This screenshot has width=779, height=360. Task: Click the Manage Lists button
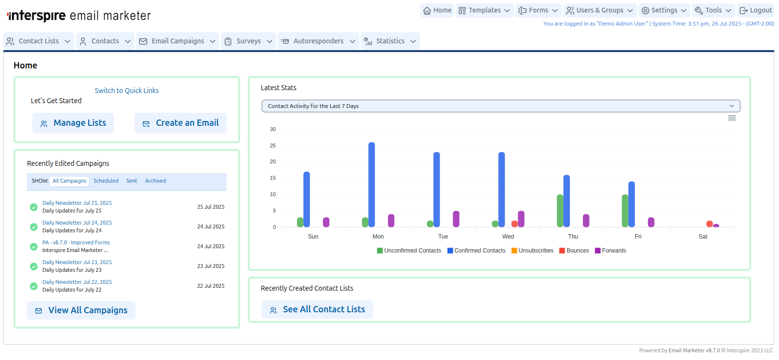click(73, 123)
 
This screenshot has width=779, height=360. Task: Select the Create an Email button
click(180, 123)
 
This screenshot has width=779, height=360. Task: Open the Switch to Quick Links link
click(126, 91)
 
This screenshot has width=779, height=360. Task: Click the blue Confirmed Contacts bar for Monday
click(372, 185)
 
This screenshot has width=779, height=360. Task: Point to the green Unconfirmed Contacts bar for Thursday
click(560, 211)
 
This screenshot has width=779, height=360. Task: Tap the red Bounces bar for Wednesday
click(514, 224)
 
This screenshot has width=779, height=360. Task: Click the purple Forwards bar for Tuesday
click(456, 219)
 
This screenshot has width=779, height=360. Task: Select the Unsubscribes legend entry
click(532, 251)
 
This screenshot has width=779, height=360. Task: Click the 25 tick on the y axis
click(273, 146)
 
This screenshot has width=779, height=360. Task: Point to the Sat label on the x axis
click(703, 237)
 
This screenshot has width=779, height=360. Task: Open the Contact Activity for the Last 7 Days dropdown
click(500, 106)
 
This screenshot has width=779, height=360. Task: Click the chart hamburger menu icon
click(732, 118)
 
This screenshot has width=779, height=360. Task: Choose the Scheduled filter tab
click(106, 181)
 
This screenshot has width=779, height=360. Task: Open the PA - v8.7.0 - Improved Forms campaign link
click(76, 242)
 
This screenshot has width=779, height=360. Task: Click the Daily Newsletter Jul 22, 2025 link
click(77, 282)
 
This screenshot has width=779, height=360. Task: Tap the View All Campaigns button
click(81, 310)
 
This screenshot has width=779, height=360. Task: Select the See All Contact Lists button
click(317, 309)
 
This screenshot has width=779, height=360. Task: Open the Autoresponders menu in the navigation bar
click(318, 41)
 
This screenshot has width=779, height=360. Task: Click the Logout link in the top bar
click(756, 10)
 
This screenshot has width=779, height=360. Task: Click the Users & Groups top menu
click(599, 10)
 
